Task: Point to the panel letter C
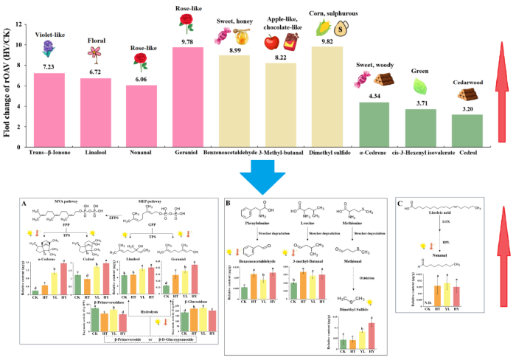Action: [400, 201]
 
